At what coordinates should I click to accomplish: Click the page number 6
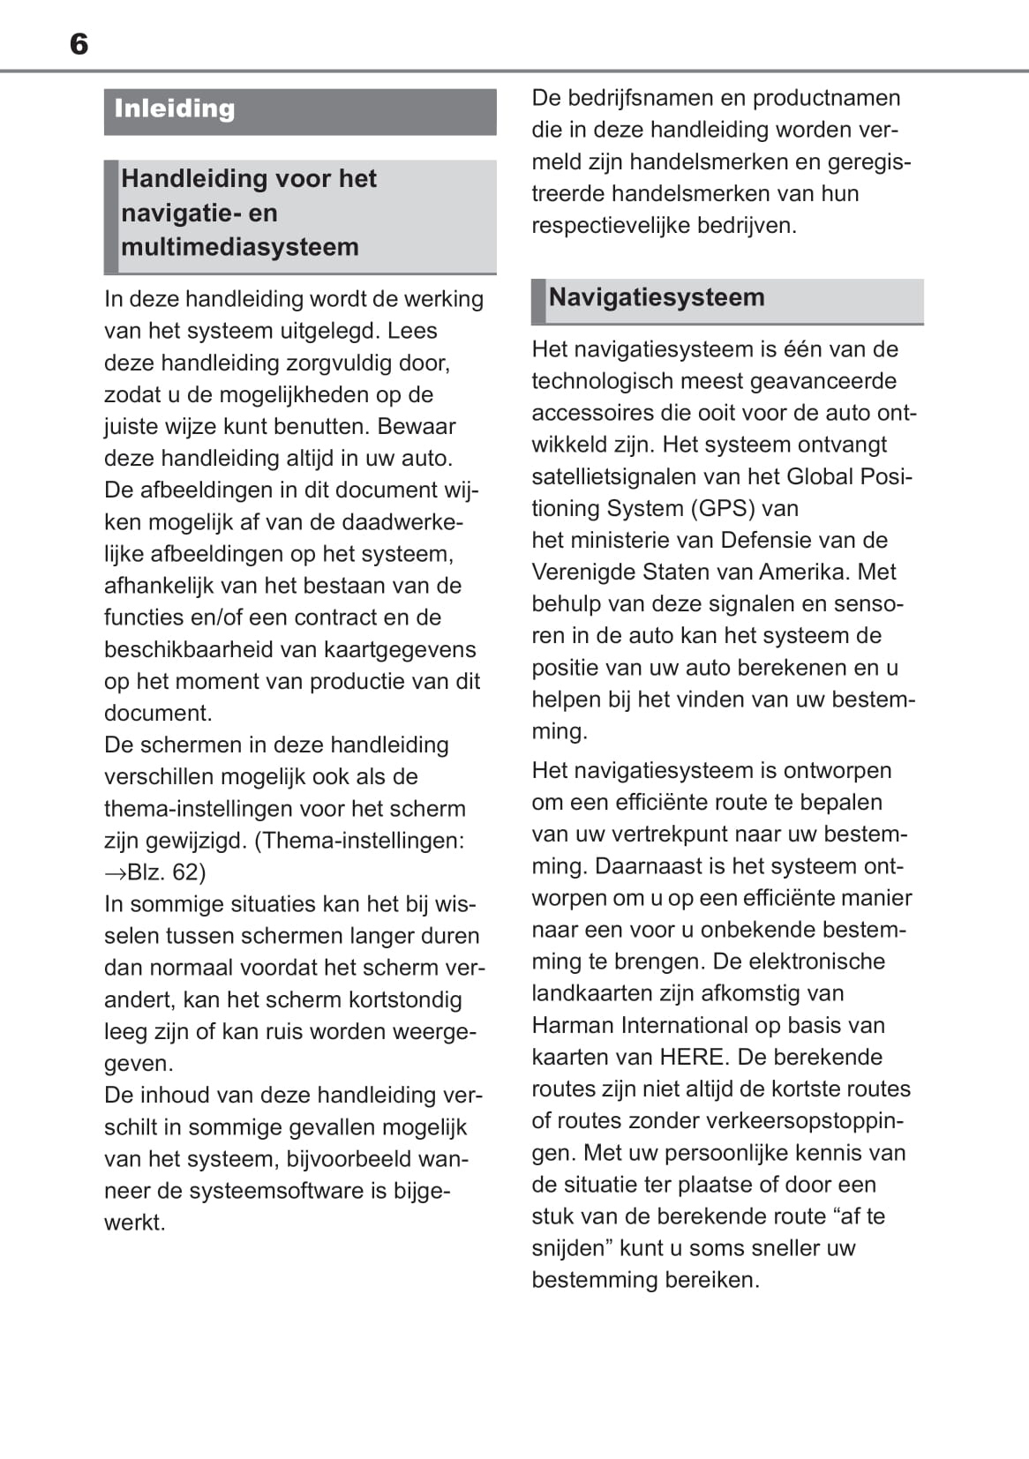[79, 44]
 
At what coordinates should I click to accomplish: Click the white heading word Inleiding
[175, 109]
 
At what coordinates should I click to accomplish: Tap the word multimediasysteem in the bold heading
[240, 247]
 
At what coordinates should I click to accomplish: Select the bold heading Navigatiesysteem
[657, 297]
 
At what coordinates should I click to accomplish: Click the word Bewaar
[417, 426]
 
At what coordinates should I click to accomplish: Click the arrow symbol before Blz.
[115, 872]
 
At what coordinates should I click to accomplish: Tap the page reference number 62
[186, 872]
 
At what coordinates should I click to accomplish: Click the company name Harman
[573, 1025]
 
